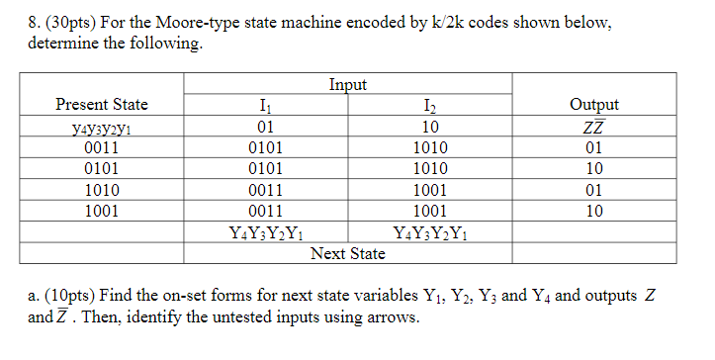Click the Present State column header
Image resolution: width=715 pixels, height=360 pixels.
(x=102, y=105)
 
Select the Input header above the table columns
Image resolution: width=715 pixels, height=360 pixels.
(x=346, y=85)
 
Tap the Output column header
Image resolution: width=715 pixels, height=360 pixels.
(x=594, y=105)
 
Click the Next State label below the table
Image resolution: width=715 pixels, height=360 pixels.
(x=347, y=254)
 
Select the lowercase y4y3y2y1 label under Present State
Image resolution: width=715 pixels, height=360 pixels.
(x=102, y=128)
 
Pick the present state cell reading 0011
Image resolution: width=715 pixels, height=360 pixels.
(x=102, y=147)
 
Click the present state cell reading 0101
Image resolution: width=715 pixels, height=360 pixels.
(x=102, y=168)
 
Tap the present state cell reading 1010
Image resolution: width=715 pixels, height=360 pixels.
(x=102, y=189)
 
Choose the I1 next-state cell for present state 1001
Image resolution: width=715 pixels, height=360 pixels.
(x=264, y=211)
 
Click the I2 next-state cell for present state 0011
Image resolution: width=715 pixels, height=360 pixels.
(x=430, y=147)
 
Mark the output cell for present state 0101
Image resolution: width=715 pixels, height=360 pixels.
(x=594, y=168)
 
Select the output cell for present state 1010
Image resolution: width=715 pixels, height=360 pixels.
(x=594, y=189)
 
